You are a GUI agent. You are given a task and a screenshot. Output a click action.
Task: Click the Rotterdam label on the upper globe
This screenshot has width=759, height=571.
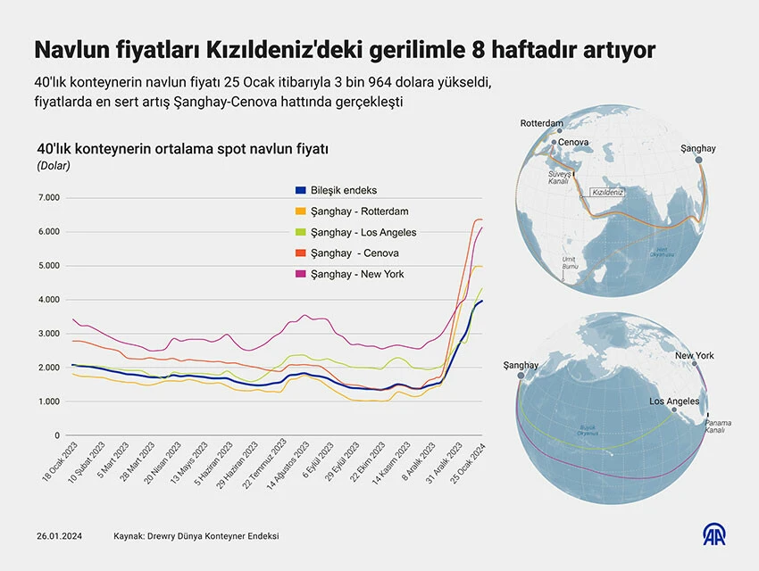click(541, 123)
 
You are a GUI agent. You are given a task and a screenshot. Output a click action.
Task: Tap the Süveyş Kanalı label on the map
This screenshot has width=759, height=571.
click(559, 177)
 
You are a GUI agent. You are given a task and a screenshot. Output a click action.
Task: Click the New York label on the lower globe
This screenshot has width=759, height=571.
click(694, 356)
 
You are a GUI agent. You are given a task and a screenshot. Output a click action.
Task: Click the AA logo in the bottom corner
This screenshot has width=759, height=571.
click(714, 536)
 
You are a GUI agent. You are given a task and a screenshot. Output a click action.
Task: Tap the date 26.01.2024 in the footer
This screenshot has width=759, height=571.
click(59, 536)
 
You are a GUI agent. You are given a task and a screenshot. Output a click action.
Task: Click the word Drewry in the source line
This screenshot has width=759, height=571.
click(171, 536)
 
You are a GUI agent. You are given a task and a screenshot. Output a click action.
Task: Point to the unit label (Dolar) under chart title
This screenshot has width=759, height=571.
click(54, 165)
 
